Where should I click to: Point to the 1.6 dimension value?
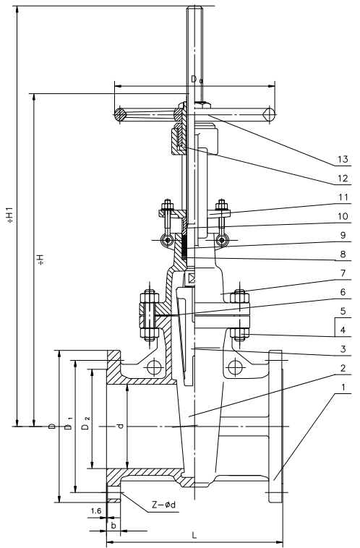[x=96, y=511]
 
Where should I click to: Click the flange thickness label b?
[x=113, y=526]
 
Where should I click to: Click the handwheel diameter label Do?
[x=196, y=79]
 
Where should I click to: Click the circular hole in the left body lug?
[x=153, y=368]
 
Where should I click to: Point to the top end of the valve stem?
[x=195, y=10]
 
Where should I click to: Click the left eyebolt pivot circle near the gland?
[x=167, y=239]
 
